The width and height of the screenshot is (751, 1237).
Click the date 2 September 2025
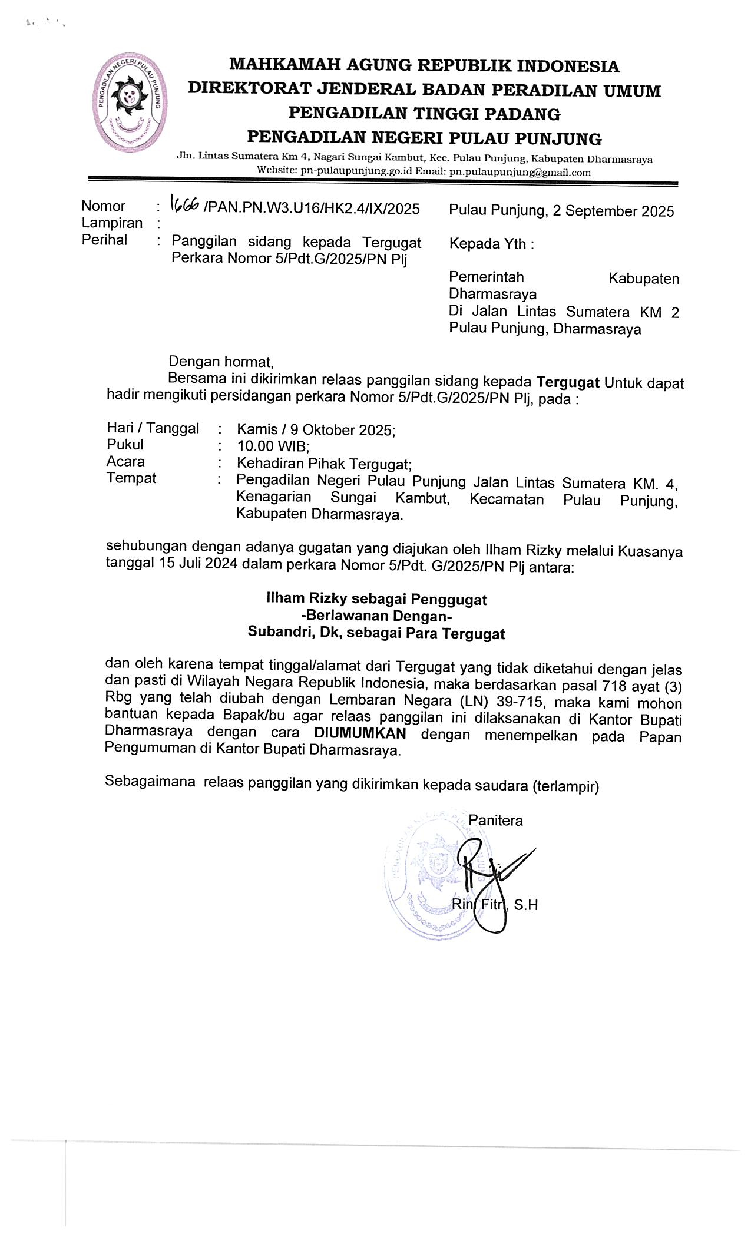(x=613, y=211)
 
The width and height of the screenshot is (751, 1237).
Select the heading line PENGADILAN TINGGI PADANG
(x=424, y=113)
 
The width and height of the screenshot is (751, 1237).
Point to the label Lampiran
(x=112, y=223)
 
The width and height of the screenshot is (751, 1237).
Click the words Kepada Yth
(x=491, y=244)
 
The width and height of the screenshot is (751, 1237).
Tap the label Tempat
(x=131, y=478)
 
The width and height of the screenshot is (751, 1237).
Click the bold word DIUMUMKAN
(x=360, y=734)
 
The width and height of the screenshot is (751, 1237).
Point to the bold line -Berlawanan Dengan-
(x=376, y=616)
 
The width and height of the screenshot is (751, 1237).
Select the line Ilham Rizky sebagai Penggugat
(x=376, y=599)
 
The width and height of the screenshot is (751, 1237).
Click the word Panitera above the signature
(x=495, y=821)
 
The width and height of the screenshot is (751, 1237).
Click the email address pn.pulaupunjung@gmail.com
(x=520, y=173)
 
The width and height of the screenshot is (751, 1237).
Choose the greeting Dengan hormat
(x=221, y=361)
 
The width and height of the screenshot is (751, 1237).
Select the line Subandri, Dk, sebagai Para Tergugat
(x=376, y=634)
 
